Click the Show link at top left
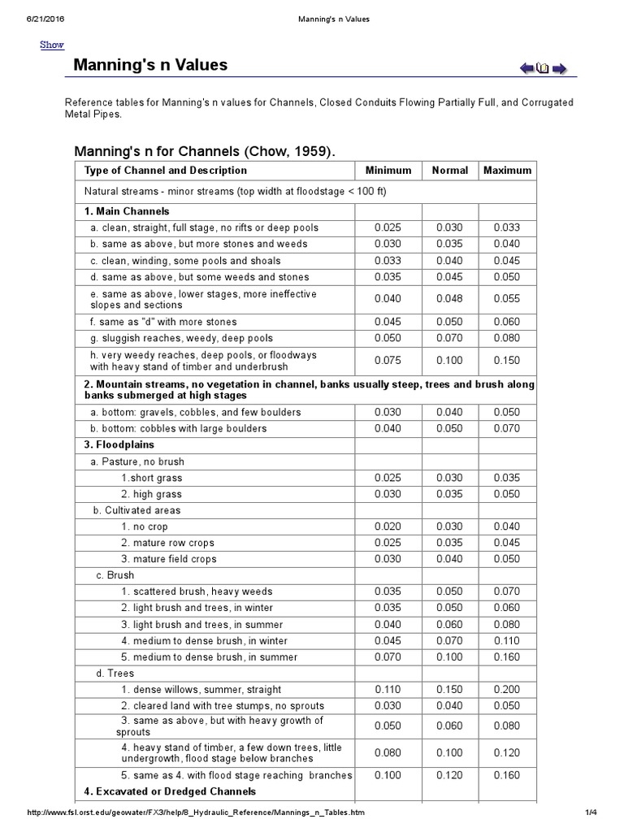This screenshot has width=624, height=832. [52, 45]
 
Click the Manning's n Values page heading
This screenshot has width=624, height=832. [150, 65]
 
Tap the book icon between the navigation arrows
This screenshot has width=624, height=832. [543, 68]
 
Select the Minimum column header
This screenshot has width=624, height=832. [388, 171]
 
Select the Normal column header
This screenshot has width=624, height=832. [449, 171]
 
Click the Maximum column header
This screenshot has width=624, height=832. [507, 171]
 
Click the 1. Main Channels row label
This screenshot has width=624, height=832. [127, 211]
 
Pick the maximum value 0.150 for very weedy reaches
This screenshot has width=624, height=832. [507, 361]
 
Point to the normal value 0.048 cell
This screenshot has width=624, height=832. [449, 299]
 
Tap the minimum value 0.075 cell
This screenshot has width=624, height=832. [388, 361]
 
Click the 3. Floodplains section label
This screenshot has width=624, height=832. [119, 445]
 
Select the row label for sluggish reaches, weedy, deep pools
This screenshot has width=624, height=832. [181, 338]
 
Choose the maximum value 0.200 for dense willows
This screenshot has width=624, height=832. [507, 690]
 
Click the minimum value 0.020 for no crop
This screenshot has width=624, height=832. [388, 526]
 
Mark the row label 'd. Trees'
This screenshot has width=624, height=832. [115, 674]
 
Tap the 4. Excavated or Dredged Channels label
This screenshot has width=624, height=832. [170, 791]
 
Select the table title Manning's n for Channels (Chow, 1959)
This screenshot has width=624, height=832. [204, 151]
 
